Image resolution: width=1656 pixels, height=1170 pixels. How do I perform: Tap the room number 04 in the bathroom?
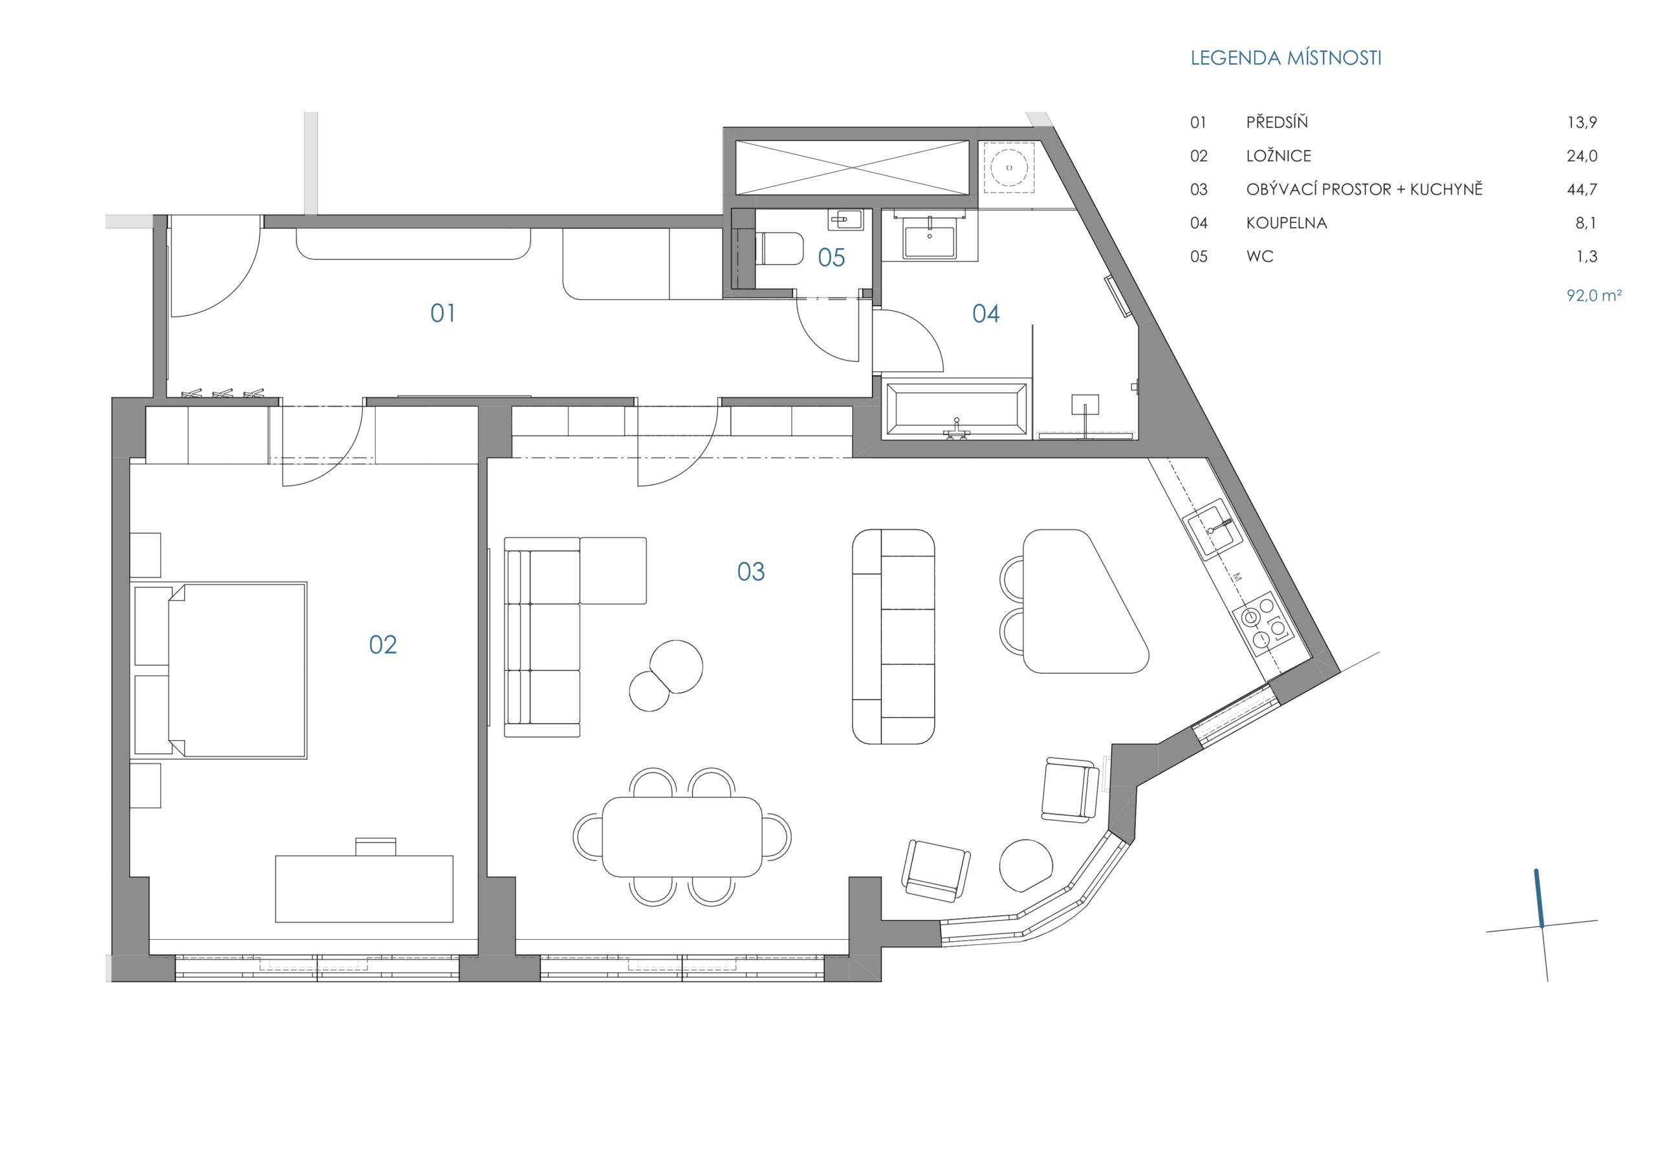[x=985, y=313]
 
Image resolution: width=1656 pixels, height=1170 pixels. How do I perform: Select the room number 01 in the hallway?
[x=443, y=313]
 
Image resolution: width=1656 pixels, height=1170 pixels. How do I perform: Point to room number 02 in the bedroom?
[x=382, y=644]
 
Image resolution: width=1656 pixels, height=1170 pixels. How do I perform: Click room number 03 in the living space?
[x=750, y=571]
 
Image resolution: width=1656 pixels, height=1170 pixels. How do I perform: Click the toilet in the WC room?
[x=779, y=249]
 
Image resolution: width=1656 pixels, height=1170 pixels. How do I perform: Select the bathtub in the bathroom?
[x=956, y=409]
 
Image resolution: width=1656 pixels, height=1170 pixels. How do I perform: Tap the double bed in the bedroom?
[x=221, y=670]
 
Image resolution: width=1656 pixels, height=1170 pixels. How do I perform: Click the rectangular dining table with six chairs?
[x=682, y=836]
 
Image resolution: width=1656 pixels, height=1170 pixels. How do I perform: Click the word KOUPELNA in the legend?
[x=1286, y=223]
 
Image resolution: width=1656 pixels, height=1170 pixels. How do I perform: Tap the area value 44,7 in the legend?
[x=1582, y=189]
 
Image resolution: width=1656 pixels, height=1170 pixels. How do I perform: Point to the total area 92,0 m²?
[x=1594, y=295]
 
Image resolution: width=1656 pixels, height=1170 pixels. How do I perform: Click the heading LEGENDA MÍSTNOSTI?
[x=1286, y=58]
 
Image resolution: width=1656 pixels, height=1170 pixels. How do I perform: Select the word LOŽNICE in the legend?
[x=1279, y=156]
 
